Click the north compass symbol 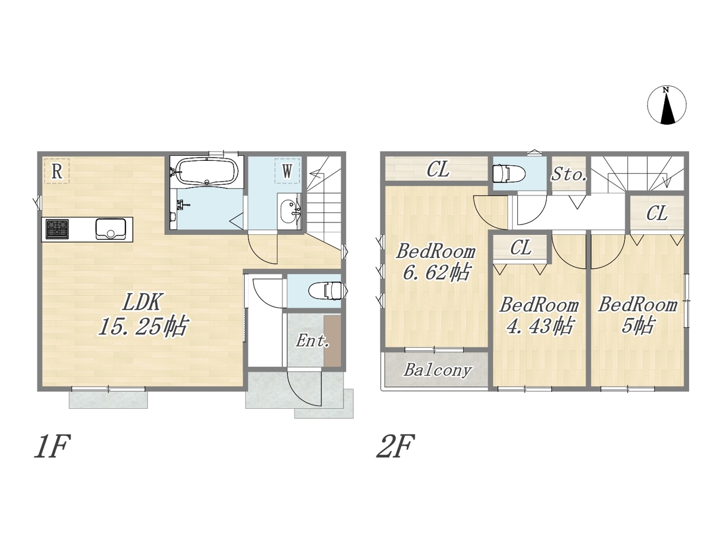point(667,106)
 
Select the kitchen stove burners point(57,229)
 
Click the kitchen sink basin point(111,229)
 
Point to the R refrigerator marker point(57,171)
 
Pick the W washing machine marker point(288,171)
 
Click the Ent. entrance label point(312,340)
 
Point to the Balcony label point(438,370)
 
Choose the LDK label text point(142,303)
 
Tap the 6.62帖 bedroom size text point(436,272)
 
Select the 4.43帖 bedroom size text point(539,326)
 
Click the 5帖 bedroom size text point(637,326)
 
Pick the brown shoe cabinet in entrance point(332,340)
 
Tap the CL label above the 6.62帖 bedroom point(438,170)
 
